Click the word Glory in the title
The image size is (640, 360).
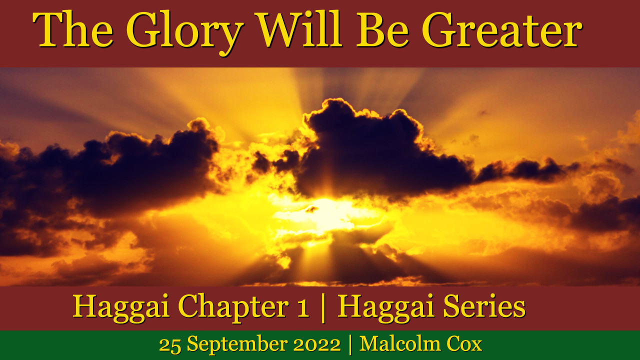185,32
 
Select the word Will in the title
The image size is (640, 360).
298,28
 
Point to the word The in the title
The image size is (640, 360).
73,28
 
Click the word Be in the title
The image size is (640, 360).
382,29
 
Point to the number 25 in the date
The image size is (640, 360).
169,345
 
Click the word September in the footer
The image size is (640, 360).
237,345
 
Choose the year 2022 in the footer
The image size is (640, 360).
317,345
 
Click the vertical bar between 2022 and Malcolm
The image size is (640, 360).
350,344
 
